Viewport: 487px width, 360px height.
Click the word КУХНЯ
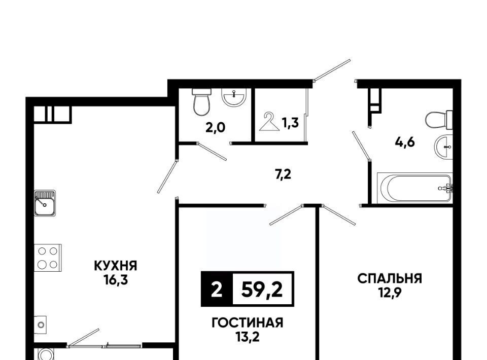tap(116, 266)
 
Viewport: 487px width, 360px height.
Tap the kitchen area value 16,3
tap(116, 280)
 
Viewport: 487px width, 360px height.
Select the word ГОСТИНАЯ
tap(247, 323)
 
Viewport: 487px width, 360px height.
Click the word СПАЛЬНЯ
tap(390, 279)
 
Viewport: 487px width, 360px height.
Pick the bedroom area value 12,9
tap(390, 293)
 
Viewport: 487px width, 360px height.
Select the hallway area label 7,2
tap(283, 175)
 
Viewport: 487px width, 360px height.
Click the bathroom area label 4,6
tap(405, 142)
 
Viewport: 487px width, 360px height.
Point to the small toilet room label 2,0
tap(215, 128)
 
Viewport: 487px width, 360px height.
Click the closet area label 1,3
tap(290, 123)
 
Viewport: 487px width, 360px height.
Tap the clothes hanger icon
tap(269, 122)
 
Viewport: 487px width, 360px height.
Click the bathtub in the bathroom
tap(415, 188)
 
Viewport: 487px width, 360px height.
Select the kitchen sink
tap(45, 203)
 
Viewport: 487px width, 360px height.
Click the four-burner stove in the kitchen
tap(48, 258)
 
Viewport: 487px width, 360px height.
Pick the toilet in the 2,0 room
tap(201, 102)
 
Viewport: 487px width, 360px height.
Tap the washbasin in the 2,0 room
tap(234, 97)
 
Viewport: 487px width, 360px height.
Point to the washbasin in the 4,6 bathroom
tap(443, 147)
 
